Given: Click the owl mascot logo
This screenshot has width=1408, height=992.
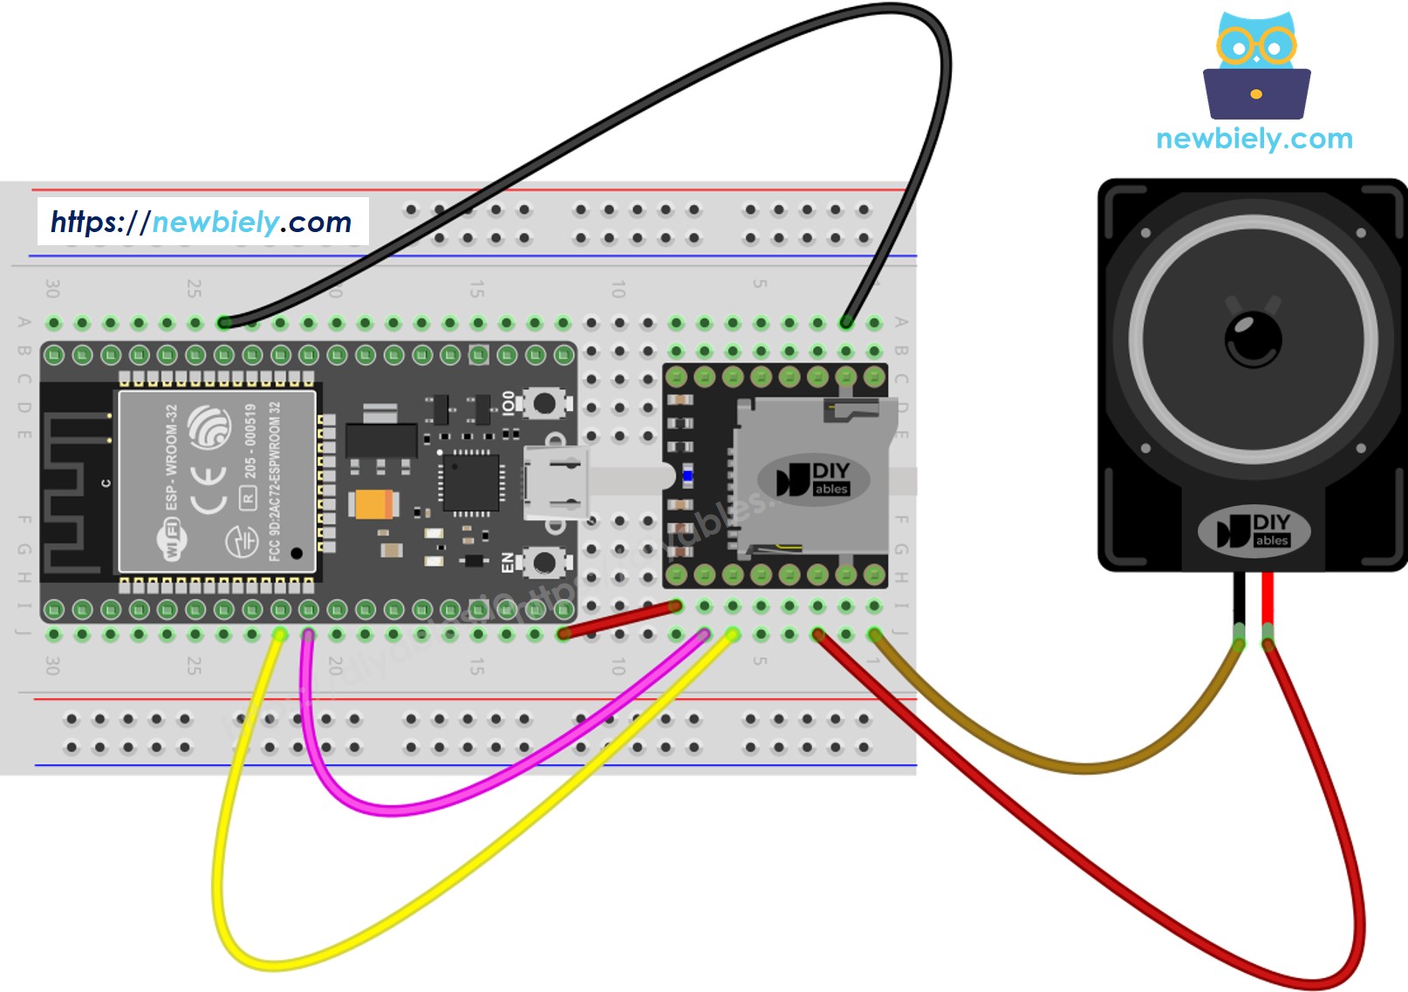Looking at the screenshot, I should (1255, 66).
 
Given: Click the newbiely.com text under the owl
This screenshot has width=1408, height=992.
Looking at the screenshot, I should (1254, 139).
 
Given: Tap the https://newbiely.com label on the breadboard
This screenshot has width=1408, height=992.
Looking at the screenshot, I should (202, 222).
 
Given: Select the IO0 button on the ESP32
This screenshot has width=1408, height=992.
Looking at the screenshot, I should (543, 403).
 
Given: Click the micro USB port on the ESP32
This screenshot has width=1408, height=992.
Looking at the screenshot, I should (555, 482).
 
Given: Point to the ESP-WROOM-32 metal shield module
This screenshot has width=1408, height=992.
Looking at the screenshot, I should (216, 482).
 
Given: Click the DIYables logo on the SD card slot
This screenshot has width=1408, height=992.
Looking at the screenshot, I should (813, 479).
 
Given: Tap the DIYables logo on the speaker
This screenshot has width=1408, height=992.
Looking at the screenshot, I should (1254, 530).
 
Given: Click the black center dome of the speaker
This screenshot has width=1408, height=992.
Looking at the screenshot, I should (1254, 339).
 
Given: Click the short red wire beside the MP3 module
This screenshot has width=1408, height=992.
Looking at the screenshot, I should (619, 619).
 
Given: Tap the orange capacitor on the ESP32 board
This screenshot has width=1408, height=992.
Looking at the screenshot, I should (373, 504).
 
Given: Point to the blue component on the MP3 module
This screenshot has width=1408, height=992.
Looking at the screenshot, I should (687, 476).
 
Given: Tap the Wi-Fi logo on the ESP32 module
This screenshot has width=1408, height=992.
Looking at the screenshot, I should (171, 538).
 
